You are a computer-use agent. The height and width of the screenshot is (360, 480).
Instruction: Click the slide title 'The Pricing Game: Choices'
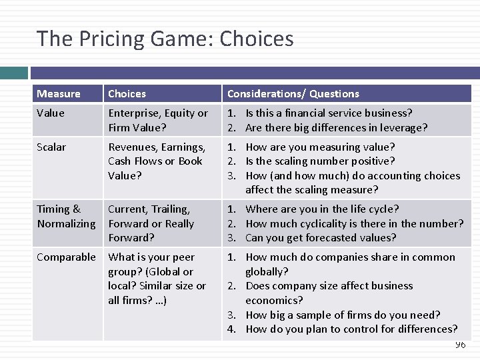pos(165,39)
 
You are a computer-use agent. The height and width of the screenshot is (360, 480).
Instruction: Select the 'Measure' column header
pos(59,94)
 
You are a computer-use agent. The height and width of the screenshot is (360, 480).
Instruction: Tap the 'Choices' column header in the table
pos(127,94)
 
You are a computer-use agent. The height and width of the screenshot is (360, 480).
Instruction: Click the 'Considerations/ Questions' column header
pos(293,94)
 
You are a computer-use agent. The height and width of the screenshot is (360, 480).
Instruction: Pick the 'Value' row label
pos(51,113)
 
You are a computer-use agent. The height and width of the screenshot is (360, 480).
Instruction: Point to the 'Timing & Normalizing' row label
pos(66,216)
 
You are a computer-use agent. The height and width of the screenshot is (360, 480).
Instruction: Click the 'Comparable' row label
pos(66,257)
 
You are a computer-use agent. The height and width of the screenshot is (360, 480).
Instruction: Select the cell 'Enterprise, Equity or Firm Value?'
pos(158,121)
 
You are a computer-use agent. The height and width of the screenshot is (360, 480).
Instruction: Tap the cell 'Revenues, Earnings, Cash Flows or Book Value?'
pos(157,161)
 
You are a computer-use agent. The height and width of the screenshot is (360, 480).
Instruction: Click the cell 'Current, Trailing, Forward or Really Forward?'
pos(151,223)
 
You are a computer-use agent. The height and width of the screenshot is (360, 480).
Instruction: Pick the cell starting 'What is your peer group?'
pos(157,279)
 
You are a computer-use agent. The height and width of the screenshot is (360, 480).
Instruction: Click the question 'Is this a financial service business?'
pos(329,113)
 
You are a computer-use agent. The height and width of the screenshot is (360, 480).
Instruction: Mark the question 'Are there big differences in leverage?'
pos(336,128)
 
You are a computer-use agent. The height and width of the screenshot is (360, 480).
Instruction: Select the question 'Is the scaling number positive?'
pos(320,161)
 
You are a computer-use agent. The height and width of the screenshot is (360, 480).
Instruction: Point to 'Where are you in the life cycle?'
pos(322,209)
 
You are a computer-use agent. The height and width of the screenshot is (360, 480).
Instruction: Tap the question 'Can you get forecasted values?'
pos(321,238)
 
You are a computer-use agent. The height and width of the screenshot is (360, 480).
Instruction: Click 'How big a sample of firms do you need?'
pos(343,315)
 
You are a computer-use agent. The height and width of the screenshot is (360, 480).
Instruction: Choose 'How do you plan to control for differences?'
pos(351,329)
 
